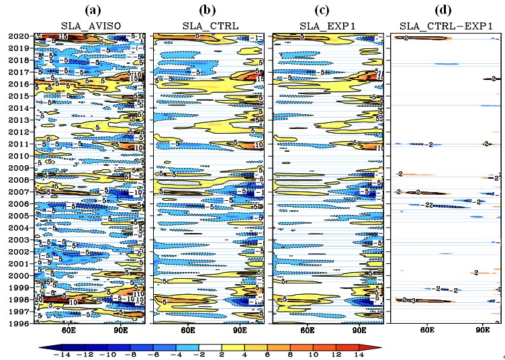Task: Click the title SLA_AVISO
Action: pyautogui.click(x=87, y=26)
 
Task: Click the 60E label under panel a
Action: pyautogui.click(x=67, y=331)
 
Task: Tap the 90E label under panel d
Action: pyautogui.click(x=483, y=331)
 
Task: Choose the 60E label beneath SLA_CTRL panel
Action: pyautogui.click(x=187, y=331)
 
